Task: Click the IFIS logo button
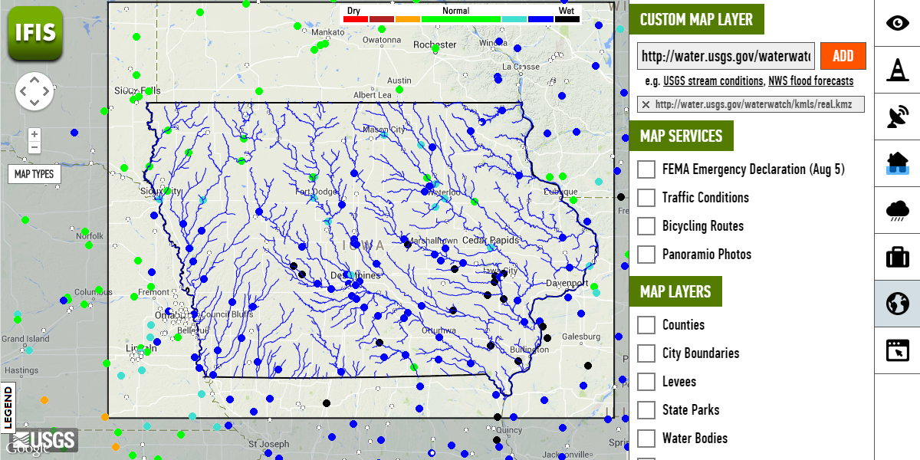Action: click(x=34, y=32)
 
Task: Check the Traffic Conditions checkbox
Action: click(x=646, y=198)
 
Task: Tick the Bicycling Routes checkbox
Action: click(x=646, y=226)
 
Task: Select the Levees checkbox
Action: click(x=646, y=382)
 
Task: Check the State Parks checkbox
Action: click(x=646, y=410)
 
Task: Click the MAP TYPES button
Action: click(x=34, y=174)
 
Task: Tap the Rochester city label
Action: click(x=435, y=44)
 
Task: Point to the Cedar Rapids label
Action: click(x=491, y=240)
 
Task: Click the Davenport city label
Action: click(x=566, y=283)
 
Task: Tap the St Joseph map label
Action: click(x=268, y=444)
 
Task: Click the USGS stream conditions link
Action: click(x=713, y=81)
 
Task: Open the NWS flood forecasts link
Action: click(x=810, y=81)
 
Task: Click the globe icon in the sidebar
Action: click(x=897, y=304)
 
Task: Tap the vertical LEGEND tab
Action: click(x=8, y=407)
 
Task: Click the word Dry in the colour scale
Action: click(x=353, y=11)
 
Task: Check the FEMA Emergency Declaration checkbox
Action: click(x=646, y=169)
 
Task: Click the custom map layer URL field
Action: click(x=726, y=56)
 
